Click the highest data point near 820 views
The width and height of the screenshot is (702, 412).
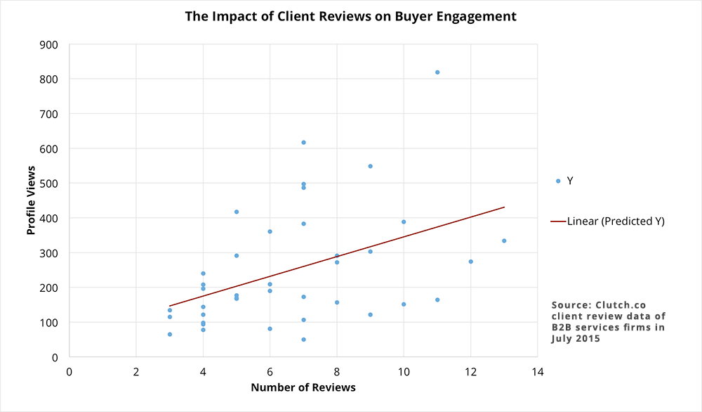(437, 72)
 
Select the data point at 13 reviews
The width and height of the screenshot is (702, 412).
(504, 240)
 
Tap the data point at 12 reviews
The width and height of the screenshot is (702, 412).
(470, 262)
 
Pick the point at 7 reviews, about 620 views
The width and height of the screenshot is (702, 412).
(303, 143)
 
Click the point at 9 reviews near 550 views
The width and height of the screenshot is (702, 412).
(370, 166)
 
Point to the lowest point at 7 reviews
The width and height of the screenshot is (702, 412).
(303, 340)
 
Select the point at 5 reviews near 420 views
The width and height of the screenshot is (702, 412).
(237, 212)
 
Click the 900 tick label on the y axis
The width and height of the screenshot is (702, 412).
(49, 45)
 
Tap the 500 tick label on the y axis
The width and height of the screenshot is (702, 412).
(49, 184)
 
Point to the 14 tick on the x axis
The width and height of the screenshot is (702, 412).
(537, 371)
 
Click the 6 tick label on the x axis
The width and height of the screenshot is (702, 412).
(270, 371)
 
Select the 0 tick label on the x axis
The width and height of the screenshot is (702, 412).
(69, 371)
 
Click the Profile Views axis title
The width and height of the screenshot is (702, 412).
(32, 200)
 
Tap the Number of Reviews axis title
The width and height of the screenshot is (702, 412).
(303, 387)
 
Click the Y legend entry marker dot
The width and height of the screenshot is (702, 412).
(558, 181)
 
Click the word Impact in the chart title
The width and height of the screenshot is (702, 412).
(234, 16)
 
